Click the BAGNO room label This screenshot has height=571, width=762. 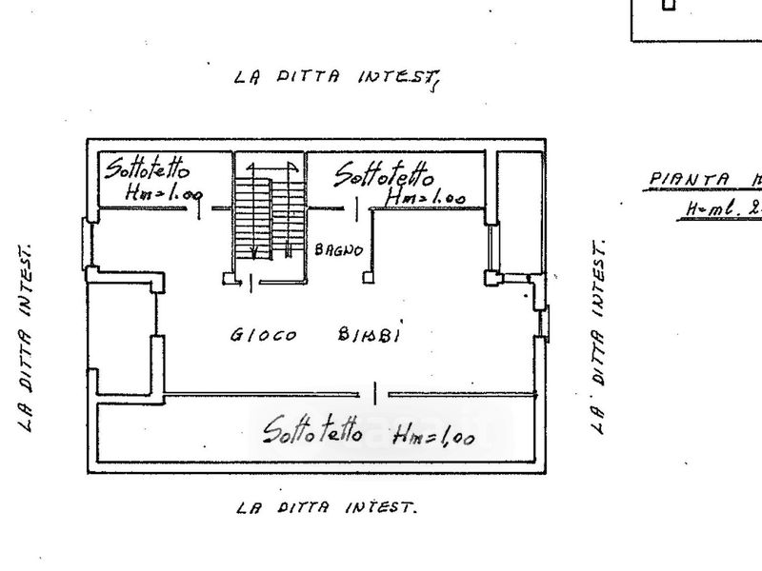[x=338, y=250]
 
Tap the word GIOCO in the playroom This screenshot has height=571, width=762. [x=263, y=335]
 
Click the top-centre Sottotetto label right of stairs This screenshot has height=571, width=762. [x=384, y=174]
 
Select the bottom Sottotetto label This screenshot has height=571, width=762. [x=312, y=430]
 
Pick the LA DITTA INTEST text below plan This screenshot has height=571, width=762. [x=327, y=507]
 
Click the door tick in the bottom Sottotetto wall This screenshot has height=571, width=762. [x=376, y=392]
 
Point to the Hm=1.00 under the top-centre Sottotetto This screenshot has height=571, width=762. [x=425, y=198]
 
